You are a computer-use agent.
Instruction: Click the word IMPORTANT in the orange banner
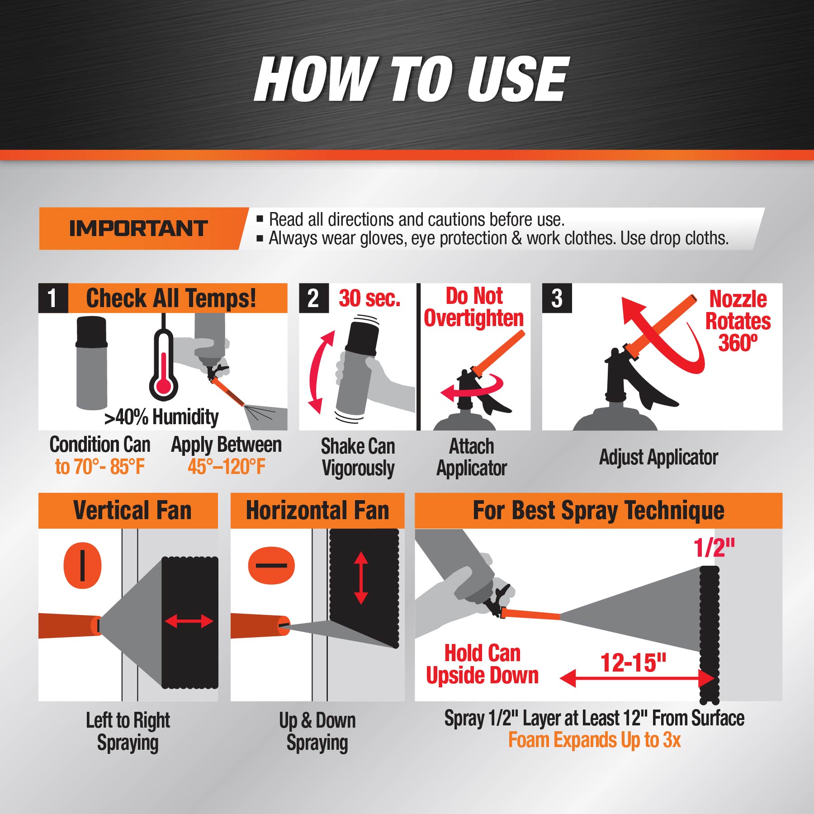coord(138,228)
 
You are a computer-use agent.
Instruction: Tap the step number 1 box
coord(53,298)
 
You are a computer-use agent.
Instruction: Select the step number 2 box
coord(314,298)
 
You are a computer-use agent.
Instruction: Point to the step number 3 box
coord(557,298)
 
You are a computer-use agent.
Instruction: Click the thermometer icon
coord(163,362)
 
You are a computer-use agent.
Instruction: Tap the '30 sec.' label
coord(370,298)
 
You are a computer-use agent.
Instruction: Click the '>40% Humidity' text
coord(161,417)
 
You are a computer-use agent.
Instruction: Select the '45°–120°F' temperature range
coord(227,467)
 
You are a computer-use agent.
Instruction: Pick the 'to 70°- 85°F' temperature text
coord(100,467)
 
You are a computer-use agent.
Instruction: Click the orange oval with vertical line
coord(82,565)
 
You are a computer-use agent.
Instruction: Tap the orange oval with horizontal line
coord(271,565)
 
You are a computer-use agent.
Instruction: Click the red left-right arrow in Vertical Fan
coord(189,621)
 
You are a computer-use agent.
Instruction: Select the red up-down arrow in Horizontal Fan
coord(361,578)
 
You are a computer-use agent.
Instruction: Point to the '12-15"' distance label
coord(634,663)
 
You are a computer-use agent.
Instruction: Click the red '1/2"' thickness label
coord(715,548)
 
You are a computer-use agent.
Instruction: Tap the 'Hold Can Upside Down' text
coord(483,664)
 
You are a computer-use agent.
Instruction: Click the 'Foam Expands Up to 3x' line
coord(594,740)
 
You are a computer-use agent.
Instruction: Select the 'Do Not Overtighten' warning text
coord(474,307)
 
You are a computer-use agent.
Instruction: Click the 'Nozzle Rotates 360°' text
coord(738,321)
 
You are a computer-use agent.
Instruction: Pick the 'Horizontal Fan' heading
coord(317,511)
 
